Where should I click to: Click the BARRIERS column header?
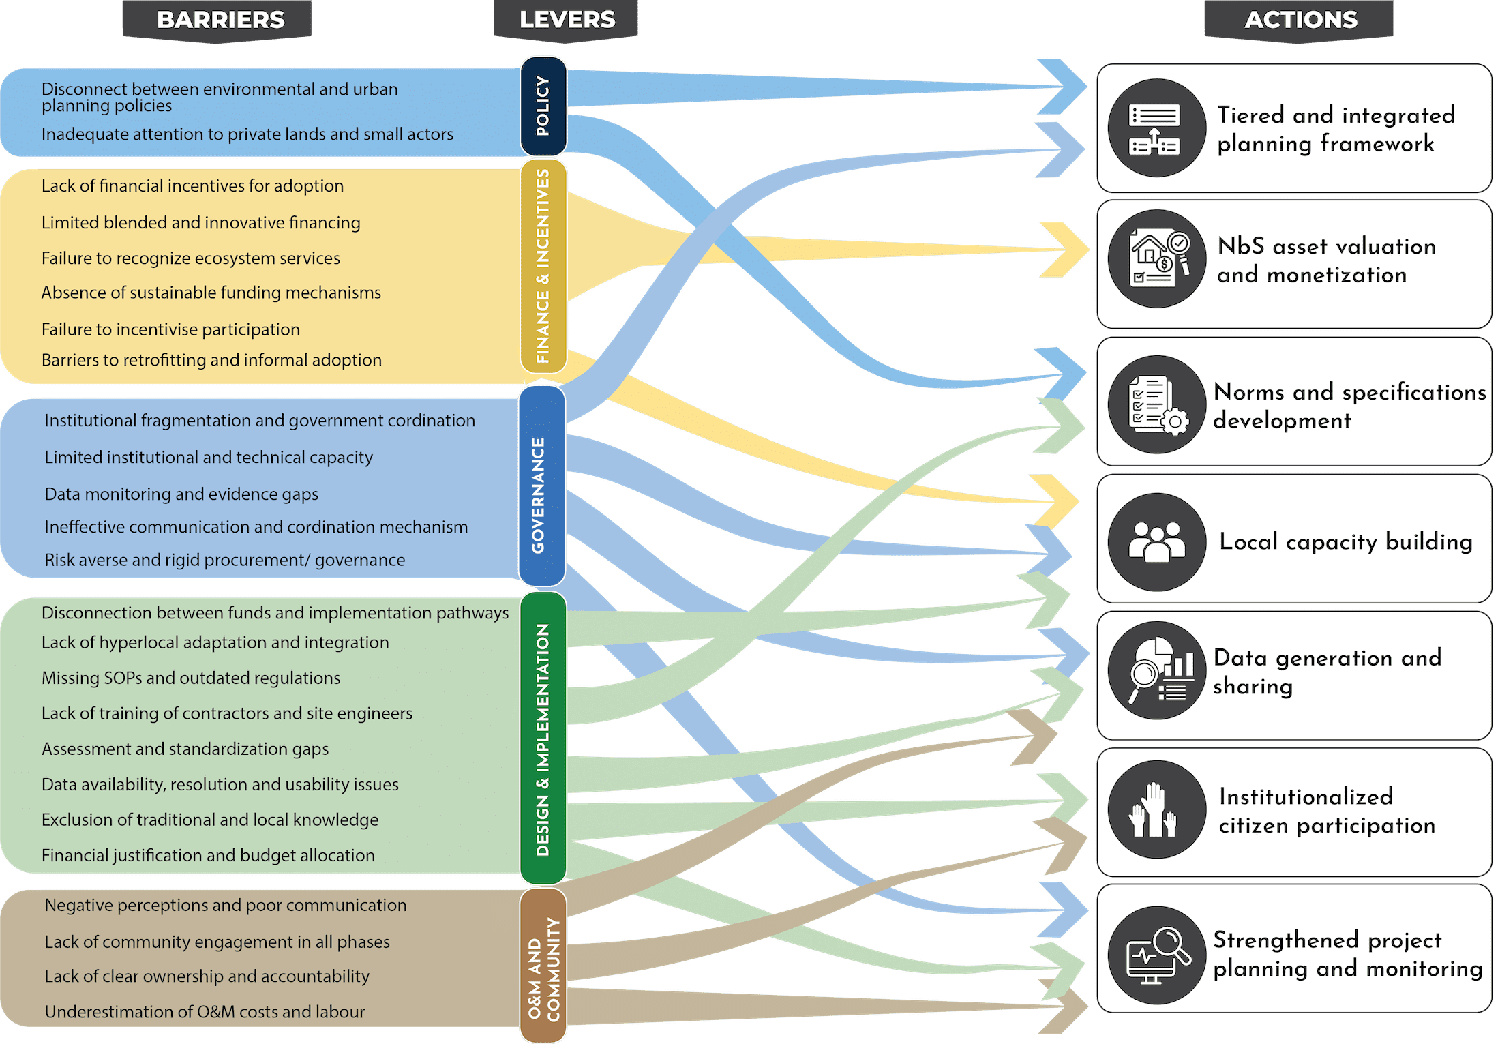pyautogui.click(x=220, y=20)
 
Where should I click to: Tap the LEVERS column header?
pyautogui.click(x=567, y=20)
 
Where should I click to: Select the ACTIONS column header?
pyautogui.click(x=1300, y=20)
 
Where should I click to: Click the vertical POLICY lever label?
pyautogui.click(x=543, y=106)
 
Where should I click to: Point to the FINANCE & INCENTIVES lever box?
pyautogui.click(x=543, y=266)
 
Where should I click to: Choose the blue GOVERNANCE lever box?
pyautogui.click(x=541, y=486)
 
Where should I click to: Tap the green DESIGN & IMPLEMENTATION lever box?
pyautogui.click(x=543, y=738)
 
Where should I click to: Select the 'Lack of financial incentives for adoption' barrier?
pyautogui.click(x=192, y=186)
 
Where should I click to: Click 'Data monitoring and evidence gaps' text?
pyautogui.click(x=181, y=494)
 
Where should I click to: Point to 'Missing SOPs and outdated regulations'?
pyautogui.click(x=191, y=678)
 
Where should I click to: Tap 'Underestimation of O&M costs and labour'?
pyautogui.click(x=205, y=1011)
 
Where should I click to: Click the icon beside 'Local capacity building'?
pyautogui.click(x=1156, y=541)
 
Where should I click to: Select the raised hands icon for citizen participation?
pyautogui.click(x=1156, y=809)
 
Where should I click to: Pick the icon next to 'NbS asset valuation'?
pyautogui.click(x=1156, y=259)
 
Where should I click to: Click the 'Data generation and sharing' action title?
pyautogui.click(x=1326, y=672)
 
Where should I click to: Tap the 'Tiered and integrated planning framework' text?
pyautogui.click(x=1335, y=129)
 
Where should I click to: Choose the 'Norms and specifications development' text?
pyautogui.click(x=1349, y=406)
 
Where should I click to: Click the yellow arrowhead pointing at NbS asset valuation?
pyautogui.click(x=1067, y=250)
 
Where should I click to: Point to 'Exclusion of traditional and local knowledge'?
pyautogui.click(x=209, y=820)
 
